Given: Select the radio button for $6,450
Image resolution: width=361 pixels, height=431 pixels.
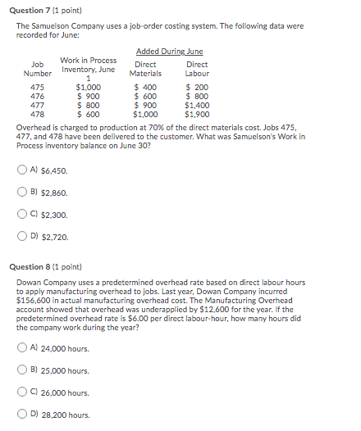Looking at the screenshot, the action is pos(21,170).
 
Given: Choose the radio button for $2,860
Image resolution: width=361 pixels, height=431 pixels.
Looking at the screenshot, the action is pos(21,193).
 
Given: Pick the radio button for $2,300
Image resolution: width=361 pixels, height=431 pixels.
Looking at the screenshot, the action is pos(21,215).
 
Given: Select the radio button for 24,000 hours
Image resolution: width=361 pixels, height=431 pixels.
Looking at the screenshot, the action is pos(21,348).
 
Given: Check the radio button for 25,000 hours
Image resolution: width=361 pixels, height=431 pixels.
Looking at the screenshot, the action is pos(21,370).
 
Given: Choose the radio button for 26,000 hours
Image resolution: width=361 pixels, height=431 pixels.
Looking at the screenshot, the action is pos(21,392).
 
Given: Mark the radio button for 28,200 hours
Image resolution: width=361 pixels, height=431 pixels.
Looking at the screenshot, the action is pos(21,415).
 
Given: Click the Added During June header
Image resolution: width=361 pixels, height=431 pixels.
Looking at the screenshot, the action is pos(169,52).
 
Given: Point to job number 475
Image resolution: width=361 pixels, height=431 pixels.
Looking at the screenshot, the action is pos(37,86).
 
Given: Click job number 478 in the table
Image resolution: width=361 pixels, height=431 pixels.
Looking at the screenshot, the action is pos(37,113).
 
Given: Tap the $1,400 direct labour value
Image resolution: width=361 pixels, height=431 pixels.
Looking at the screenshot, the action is pos(197,104).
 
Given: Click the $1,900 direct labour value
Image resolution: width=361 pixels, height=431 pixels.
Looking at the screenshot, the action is pos(197,113).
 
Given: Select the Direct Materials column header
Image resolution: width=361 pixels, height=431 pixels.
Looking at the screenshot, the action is pos(145,68).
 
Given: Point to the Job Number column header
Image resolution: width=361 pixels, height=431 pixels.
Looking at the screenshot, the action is pos(37,68).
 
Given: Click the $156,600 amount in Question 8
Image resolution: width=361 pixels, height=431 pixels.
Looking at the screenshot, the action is pos(34,301).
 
